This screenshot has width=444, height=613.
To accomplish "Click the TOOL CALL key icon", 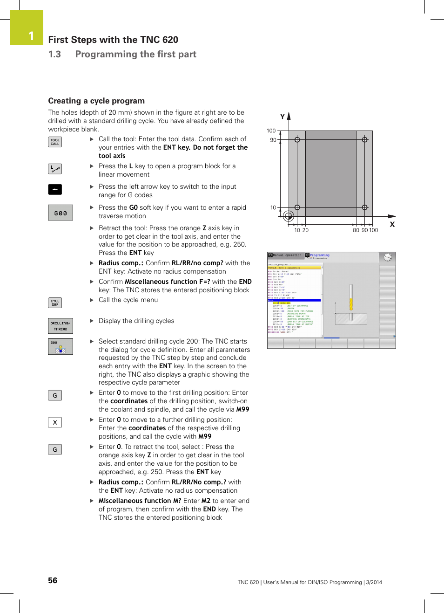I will tap(55, 142).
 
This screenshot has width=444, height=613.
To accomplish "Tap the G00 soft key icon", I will tap(61, 213).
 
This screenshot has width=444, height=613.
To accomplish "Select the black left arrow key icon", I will tap(55, 189).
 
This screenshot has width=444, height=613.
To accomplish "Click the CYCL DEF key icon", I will tap(55, 303).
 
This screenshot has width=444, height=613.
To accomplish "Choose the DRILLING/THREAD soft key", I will tap(61, 326).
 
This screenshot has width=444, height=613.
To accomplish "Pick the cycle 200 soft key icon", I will tap(61, 346).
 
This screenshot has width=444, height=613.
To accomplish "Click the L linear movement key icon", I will tap(55, 169).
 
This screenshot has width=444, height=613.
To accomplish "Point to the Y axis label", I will tap(282, 117).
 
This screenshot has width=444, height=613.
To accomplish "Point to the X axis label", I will tap(392, 224).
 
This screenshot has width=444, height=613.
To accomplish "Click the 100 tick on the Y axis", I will tap(271, 131).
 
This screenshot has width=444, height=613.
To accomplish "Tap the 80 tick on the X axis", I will tap(356, 230).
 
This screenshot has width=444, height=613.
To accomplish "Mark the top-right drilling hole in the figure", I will tap(365, 140).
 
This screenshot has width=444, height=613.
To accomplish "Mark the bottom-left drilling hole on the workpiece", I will tap(297, 207).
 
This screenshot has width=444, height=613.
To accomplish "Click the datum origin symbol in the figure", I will tap(289, 216).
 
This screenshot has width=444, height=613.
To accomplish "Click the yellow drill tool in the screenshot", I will tap(351, 298).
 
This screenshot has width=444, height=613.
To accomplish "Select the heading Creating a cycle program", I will tap(96, 101).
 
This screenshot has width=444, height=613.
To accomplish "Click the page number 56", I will tap(53, 580).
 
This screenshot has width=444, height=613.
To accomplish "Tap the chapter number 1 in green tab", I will tap(31, 36).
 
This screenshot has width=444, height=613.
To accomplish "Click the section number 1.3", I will tap(54, 55).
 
